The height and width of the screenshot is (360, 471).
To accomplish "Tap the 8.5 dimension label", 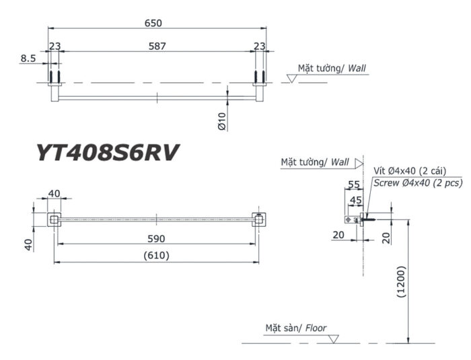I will [28, 59].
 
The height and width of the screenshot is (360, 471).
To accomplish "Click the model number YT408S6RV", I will [107, 153].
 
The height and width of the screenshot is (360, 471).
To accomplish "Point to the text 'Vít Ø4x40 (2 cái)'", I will [409, 171].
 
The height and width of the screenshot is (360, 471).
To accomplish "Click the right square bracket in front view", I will [257, 219].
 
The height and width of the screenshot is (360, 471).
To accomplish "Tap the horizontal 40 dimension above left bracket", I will [54, 194].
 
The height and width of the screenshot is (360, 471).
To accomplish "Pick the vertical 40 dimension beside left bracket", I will [29, 244].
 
